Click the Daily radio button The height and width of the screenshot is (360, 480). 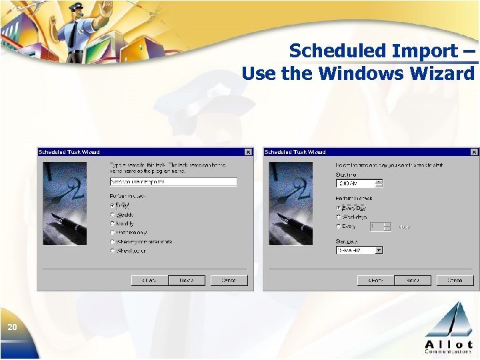[x=112, y=205]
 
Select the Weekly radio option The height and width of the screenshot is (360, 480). [x=112, y=215]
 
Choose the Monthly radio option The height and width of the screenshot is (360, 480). [x=112, y=223]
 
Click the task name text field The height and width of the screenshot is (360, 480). [x=173, y=181]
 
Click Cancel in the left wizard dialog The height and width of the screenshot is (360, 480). [x=229, y=281]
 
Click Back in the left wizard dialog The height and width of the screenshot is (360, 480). [x=149, y=281]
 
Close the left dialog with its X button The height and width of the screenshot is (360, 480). [x=248, y=152]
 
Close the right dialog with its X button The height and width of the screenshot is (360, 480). [x=474, y=152]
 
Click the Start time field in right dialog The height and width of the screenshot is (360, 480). [x=355, y=183]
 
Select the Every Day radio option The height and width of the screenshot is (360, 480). [x=338, y=208]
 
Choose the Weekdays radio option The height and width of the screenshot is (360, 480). [x=338, y=217]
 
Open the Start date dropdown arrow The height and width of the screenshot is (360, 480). [x=379, y=251]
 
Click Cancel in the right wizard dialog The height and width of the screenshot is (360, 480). [x=455, y=281]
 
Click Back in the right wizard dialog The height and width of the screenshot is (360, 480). [x=375, y=281]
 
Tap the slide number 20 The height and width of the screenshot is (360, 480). [x=12, y=327]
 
